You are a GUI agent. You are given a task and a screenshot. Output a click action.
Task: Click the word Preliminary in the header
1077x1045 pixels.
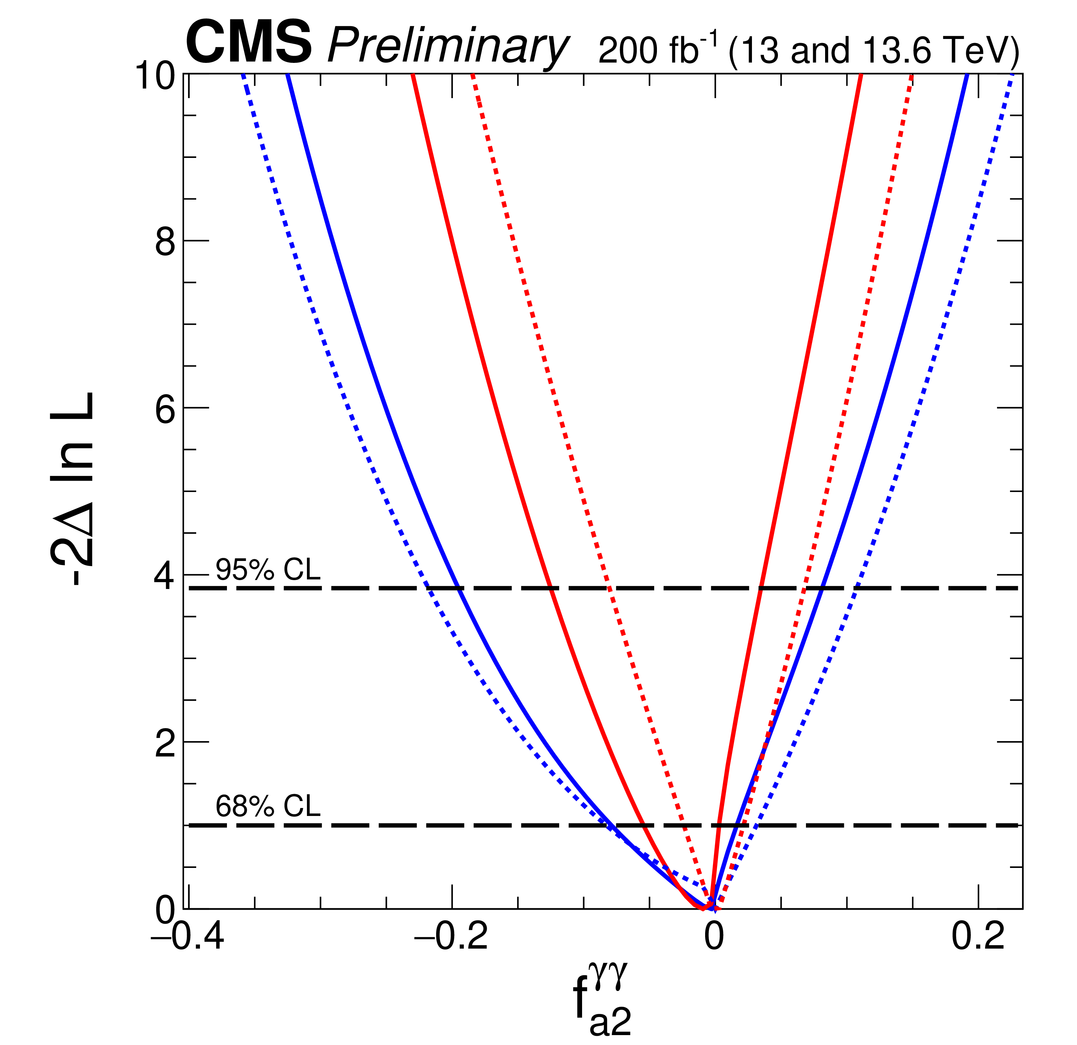coord(447,47)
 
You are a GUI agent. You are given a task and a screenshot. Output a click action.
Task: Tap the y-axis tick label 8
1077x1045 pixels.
coord(165,241)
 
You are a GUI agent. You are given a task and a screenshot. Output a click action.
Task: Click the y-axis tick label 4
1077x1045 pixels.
coord(165,575)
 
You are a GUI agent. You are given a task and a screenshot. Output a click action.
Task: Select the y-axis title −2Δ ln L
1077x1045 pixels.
coord(71,489)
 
